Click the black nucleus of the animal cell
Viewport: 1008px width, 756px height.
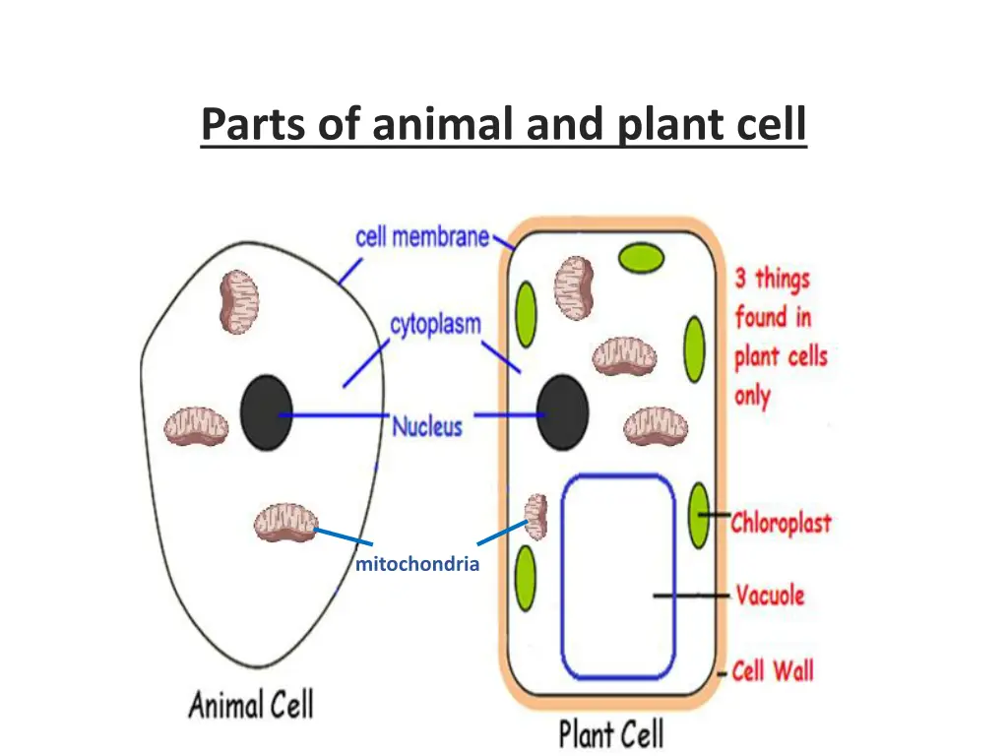pyautogui.click(x=266, y=412)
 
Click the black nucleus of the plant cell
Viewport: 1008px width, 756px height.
pyautogui.click(x=562, y=412)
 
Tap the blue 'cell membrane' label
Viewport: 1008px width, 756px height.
pyautogui.click(x=422, y=237)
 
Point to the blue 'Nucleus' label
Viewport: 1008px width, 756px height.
pyautogui.click(x=427, y=426)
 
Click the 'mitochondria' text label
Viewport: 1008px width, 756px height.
pyautogui.click(x=417, y=564)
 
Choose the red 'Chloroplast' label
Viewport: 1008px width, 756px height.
pyautogui.click(x=781, y=522)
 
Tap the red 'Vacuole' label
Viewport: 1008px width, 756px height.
pyautogui.click(x=771, y=595)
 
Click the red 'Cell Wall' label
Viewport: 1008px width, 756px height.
pyautogui.click(x=773, y=671)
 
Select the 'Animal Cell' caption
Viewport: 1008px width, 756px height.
pyautogui.click(x=251, y=705)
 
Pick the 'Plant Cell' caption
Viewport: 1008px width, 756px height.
pyautogui.click(x=611, y=733)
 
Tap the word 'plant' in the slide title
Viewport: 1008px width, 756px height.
pyautogui.click(x=666, y=126)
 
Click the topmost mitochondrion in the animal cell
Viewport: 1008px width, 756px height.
pyautogui.click(x=239, y=301)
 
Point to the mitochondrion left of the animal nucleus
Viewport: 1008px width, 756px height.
pyautogui.click(x=196, y=426)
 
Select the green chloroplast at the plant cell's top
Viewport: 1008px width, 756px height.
pyautogui.click(x=641, y=259)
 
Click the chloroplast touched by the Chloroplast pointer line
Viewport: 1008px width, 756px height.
pyautogui.click(x=699, y=516)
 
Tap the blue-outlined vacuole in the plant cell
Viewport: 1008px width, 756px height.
pyautogui.click(x=618, y=576)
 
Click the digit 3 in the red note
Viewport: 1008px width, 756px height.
pyautogui.click(x=741, y=279)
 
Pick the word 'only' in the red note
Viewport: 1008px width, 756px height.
pyautogui.click(x=752, y=397)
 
